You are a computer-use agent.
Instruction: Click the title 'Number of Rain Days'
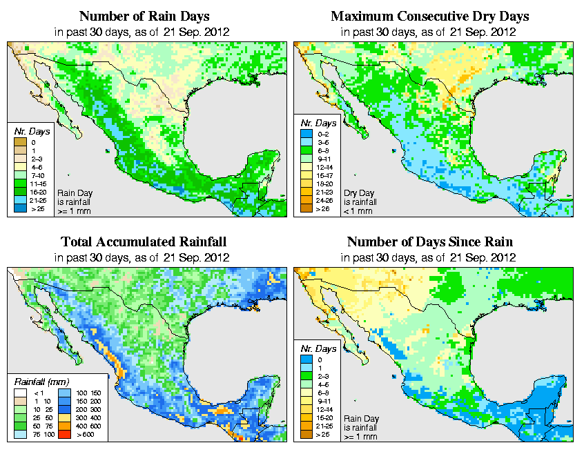tap(144, 16)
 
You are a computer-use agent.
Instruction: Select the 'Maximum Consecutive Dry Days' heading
tap(430, 16)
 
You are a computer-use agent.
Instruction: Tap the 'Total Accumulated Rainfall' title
tap(144, 242)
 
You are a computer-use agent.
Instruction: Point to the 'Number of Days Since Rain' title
tap(430, 242)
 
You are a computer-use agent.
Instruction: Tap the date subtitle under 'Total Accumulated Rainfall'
tap(144, 257)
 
